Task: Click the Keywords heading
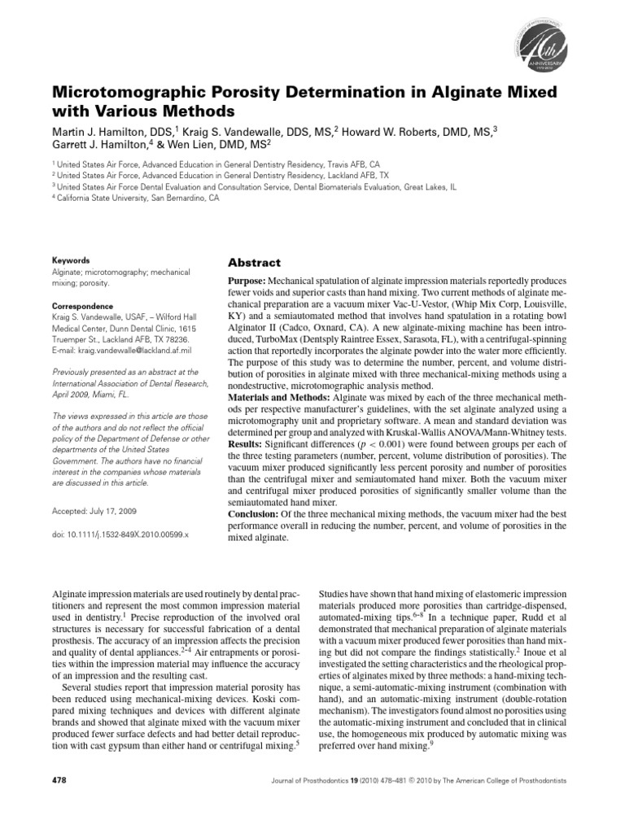(x=70, y=260)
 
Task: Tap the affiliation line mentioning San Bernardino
(x=135, y=197)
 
